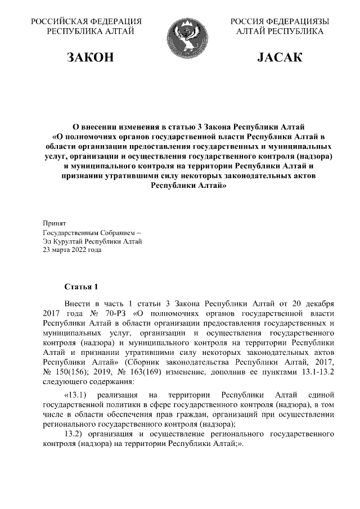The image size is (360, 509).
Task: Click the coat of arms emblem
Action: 179,34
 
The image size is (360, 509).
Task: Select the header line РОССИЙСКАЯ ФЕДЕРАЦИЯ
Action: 85,22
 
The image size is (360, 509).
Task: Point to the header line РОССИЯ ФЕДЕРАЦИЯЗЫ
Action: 280,22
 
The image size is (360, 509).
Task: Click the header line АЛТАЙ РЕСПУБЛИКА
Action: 280,31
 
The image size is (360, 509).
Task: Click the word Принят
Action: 55,223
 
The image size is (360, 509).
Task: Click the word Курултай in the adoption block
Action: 69,241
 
